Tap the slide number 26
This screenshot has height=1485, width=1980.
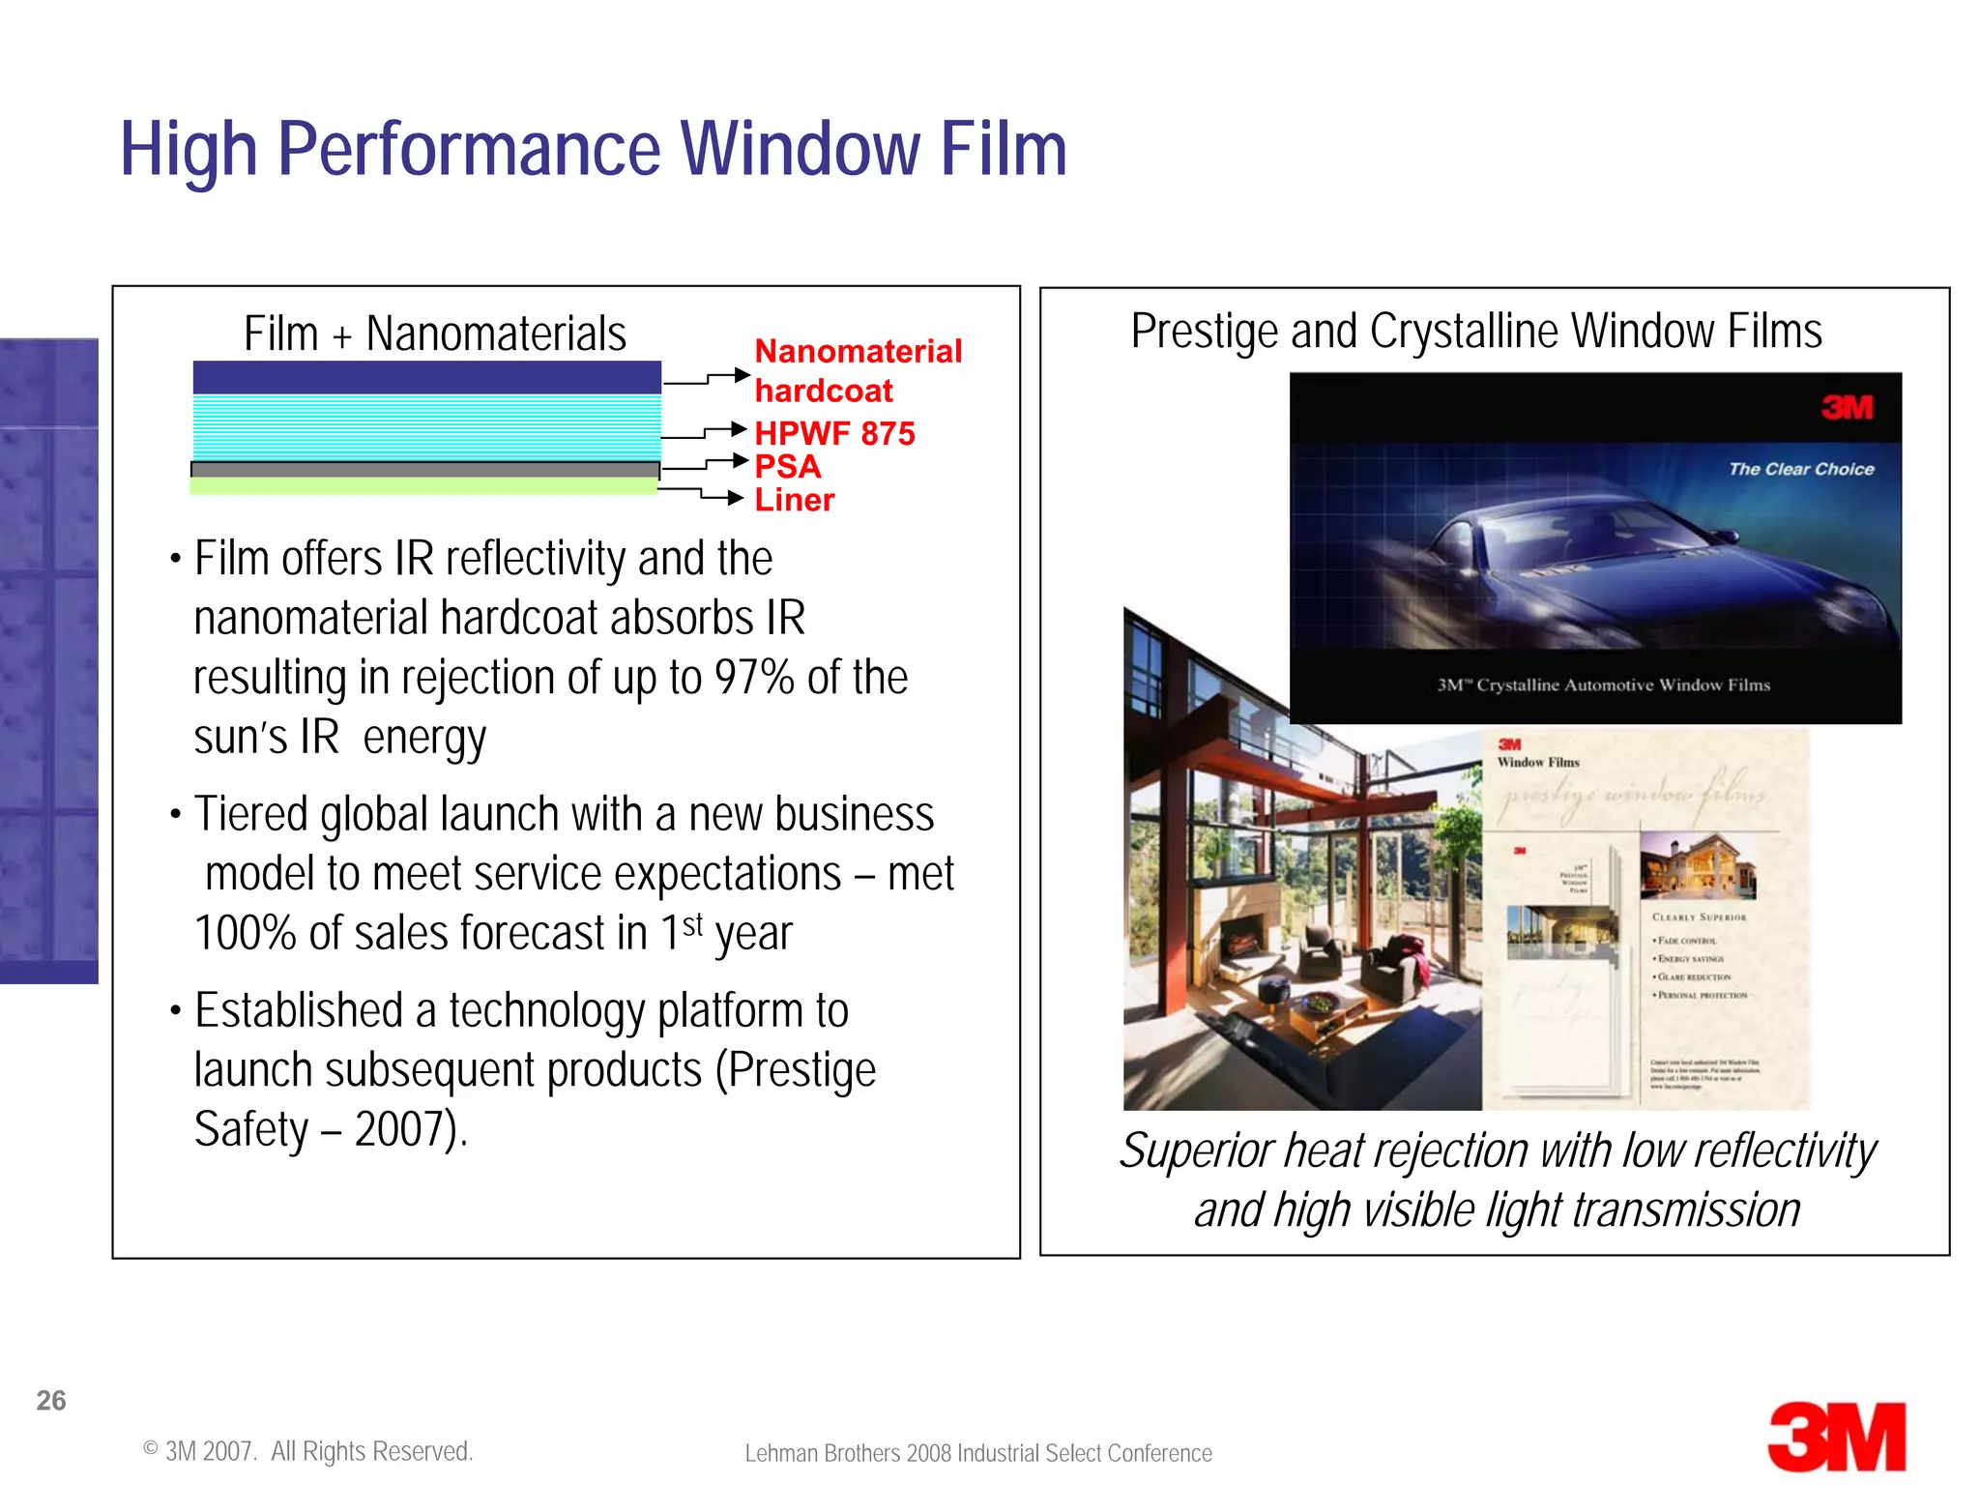pos(50,1400)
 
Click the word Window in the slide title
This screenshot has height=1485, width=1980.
pos(801,149)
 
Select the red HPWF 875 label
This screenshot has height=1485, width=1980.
pos(833,433)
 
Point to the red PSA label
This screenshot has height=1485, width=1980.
pos(787,467)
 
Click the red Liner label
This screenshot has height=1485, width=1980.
pos(794,500)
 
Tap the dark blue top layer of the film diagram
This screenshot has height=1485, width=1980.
pos(426,377)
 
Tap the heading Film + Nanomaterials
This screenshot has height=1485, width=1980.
pos(434,334)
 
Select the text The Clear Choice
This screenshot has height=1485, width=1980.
pos(1800,469)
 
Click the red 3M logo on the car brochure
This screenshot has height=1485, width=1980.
pos(1847,407)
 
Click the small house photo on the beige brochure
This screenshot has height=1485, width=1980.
pos(1697,865)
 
